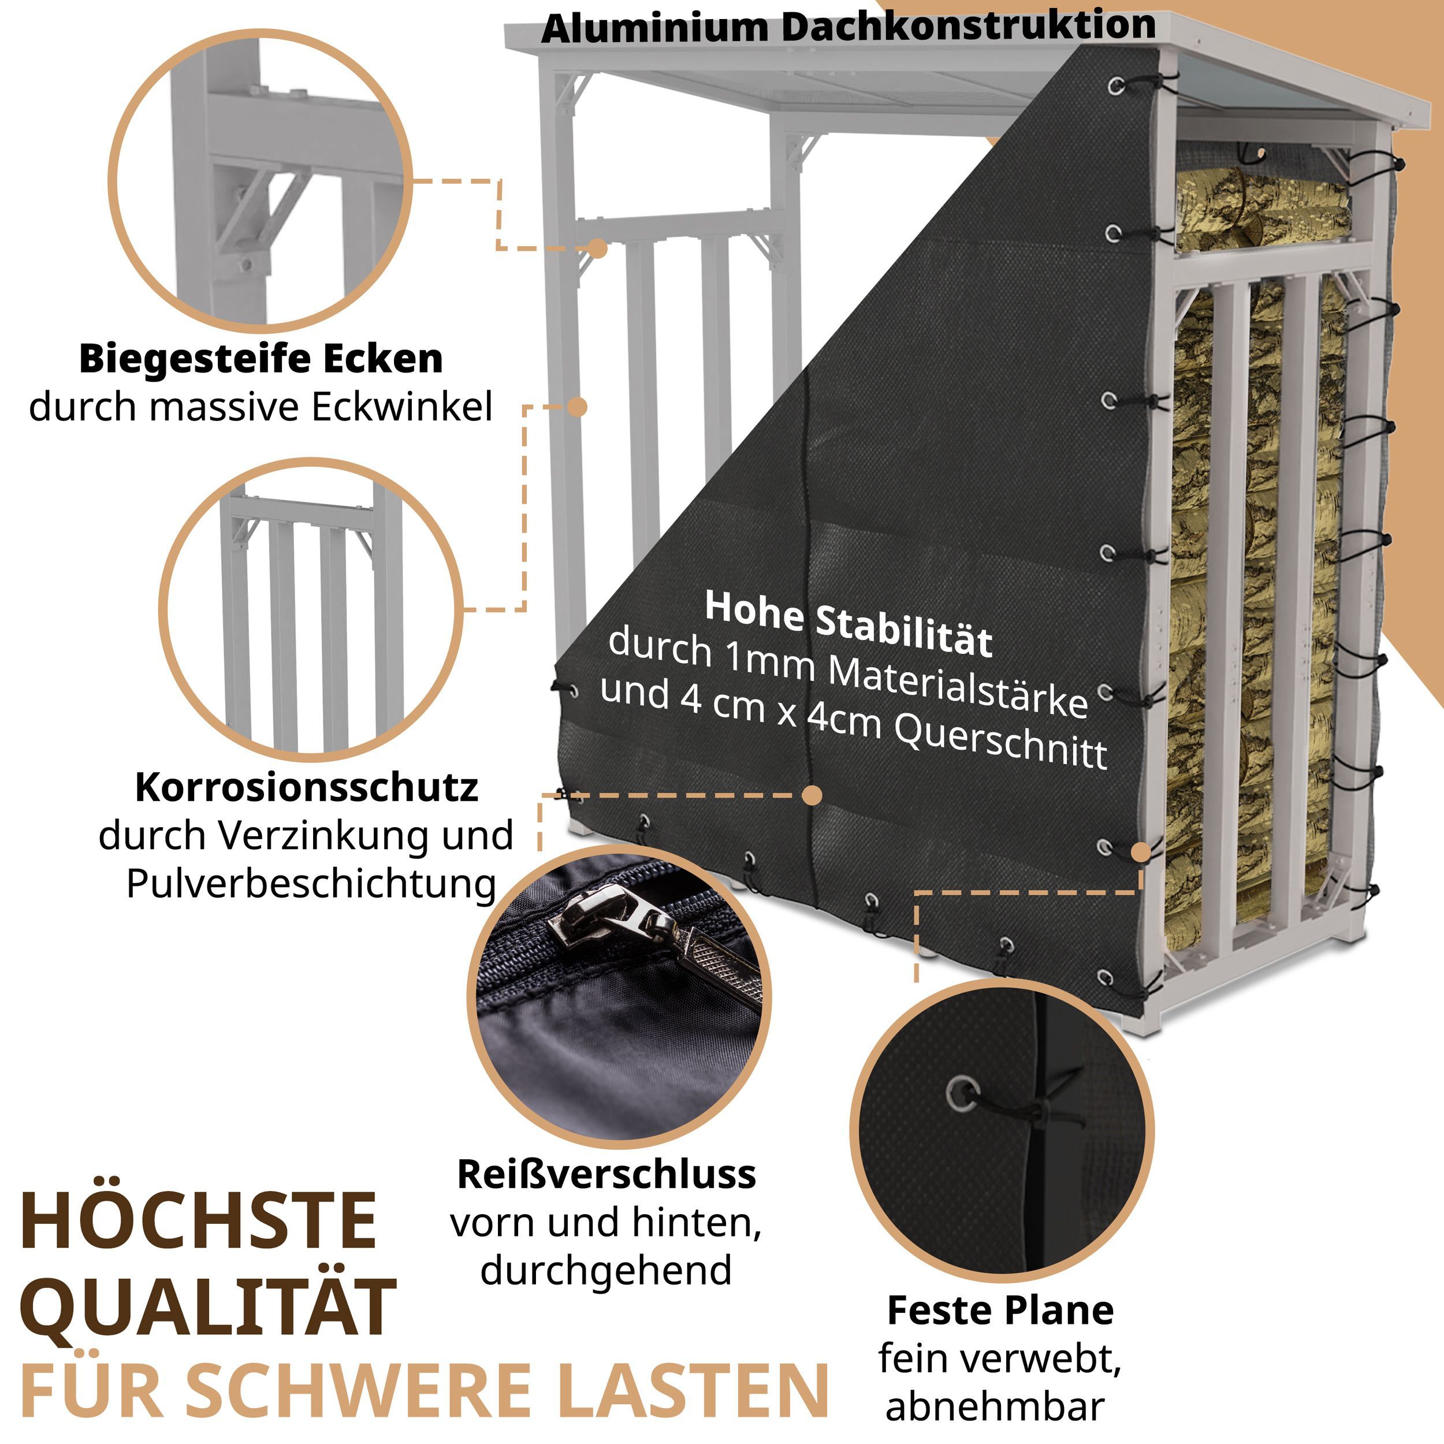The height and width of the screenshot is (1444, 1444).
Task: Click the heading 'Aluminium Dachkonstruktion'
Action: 848,28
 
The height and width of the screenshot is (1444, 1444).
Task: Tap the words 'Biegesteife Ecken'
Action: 261,359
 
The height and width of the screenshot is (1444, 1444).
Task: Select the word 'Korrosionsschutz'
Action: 307,787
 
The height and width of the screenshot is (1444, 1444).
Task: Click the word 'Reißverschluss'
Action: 606,1174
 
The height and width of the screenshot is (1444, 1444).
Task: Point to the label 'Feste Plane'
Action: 1000,1310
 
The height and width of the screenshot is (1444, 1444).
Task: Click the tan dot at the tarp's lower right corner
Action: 1141,852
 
